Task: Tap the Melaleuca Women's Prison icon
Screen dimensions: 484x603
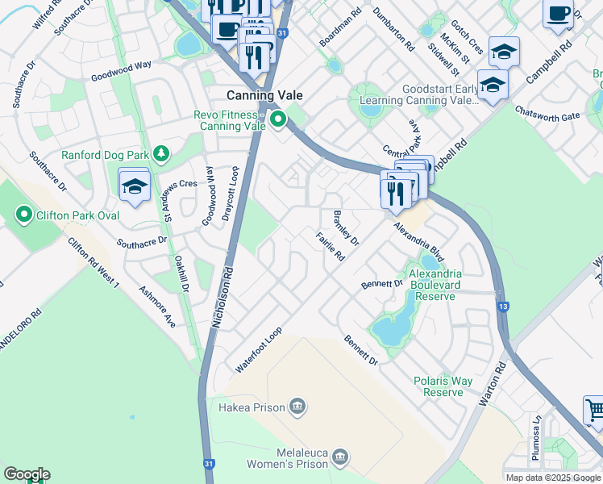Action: [340, 457]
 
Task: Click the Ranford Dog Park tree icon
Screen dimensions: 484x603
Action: [161, 152]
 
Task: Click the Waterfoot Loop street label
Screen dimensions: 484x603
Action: [258, 349]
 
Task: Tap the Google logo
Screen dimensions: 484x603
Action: [26, 474]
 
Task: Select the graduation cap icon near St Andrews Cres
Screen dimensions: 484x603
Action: [134, 186]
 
